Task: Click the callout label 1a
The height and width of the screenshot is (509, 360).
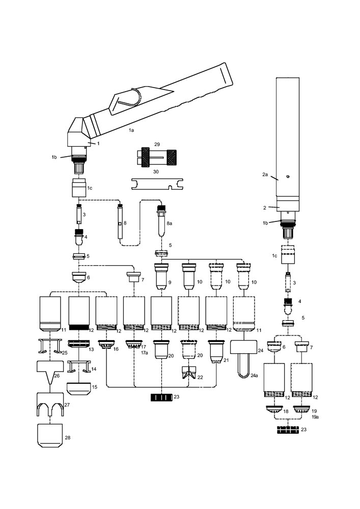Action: [x=131, y=130]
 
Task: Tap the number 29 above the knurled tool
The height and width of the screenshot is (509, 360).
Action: [x=157, y=145]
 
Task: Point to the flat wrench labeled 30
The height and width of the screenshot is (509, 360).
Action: [x=155, y=183]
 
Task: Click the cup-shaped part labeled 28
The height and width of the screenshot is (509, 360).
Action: [x=50, y=435]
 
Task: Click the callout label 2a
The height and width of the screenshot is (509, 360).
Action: [x=265, y=175]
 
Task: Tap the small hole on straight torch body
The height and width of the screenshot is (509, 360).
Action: [x=288, y=176]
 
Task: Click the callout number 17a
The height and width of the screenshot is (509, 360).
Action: [x=144, y=352]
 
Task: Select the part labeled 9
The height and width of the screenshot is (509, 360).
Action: [x=162, y=277]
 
